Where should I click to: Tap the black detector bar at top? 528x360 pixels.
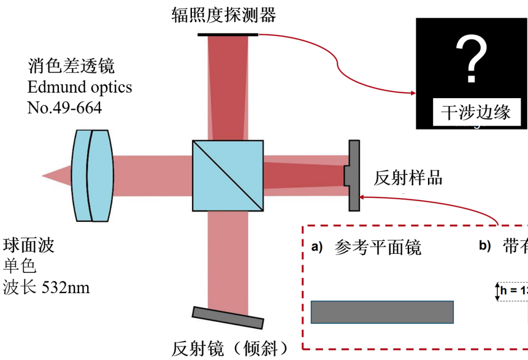228,33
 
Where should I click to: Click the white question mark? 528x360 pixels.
472,59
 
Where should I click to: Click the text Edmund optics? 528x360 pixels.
79,86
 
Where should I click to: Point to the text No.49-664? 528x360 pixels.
64,107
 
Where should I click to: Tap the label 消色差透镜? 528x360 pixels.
71,66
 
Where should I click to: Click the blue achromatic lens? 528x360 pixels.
91,175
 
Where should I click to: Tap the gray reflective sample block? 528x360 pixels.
353,175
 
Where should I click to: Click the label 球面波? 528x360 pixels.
29,245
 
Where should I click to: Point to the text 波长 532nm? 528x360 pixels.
47,286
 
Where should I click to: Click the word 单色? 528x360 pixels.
20,266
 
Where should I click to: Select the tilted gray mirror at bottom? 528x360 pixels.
228,317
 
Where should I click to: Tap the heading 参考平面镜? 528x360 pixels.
378,247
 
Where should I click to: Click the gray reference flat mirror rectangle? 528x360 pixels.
382,312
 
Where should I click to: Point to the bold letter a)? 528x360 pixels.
316,247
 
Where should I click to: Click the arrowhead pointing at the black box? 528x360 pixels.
413,93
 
